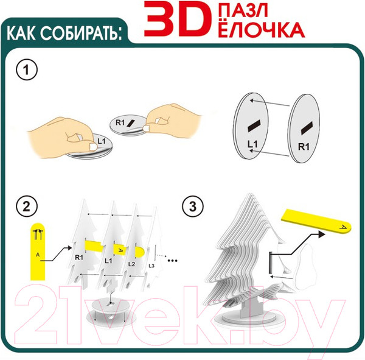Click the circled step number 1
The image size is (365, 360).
27,69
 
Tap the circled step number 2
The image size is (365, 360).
27,206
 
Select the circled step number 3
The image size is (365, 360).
193,206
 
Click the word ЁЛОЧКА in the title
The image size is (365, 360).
262,29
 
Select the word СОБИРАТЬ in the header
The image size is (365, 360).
81,33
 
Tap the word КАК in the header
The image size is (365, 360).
21,33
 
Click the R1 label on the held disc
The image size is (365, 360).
120,122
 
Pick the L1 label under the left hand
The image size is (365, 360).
102,141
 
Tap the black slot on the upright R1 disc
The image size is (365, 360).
307,129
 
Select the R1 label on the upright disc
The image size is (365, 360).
304,147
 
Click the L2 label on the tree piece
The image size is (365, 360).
131,264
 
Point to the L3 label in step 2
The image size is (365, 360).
151,266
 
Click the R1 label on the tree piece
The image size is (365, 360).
79,258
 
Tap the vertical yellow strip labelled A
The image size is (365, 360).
38,252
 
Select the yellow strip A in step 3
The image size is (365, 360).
316,221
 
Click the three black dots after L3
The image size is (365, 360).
173,261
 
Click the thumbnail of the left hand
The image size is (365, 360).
93,146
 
